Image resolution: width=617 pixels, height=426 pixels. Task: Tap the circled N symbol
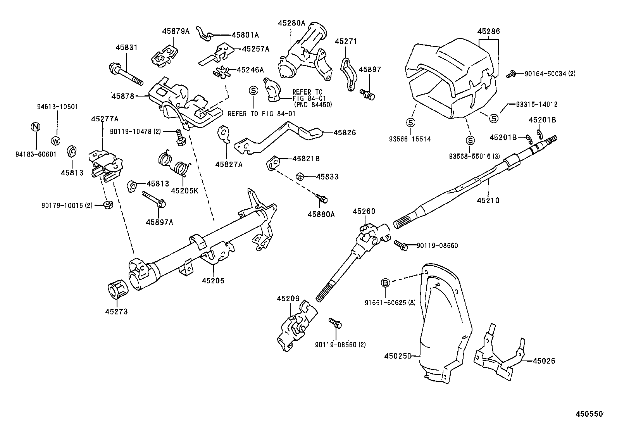pyautogui.click(x=35, y=127)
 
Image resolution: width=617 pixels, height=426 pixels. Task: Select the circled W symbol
pyautogui.click(x=56, y=140)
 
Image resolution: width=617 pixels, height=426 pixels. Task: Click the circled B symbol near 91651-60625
pyautogui.click(x=385, y=283)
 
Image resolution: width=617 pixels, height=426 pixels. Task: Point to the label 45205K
pyautogui.click(x=184, y=190)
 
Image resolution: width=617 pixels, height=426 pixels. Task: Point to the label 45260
pyautogui.click(x=364, y=211)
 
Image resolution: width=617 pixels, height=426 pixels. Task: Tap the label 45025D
pyautogui.click(x=398, y=355)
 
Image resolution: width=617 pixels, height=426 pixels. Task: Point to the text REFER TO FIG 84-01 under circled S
pyautogui.click(x=261, y=114)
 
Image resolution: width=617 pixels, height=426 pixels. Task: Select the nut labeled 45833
pyautogui.click(x=299, y=176)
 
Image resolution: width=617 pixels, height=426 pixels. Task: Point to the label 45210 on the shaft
pyautogui.click(x=488, y=200)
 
